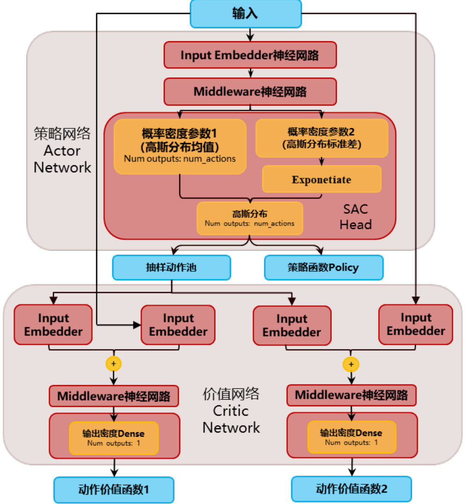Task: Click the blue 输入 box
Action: tap(245, 13)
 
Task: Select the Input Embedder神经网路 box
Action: tap(250, 55)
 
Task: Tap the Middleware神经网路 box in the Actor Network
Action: tap(250, 92)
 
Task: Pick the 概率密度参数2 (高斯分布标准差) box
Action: tap(322, 138)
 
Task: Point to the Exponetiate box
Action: tap(322, 179)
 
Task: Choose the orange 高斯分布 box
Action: tap(250, 218)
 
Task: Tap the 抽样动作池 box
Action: tap(171, 267)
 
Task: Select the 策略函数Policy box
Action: tap(324, 268)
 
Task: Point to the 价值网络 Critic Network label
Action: tap(231, 411)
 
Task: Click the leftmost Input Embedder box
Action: tap(53, 325)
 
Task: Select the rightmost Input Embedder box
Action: tap(415, 324)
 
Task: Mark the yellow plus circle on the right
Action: tap(351, 364)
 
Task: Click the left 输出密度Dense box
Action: tap(113, 438)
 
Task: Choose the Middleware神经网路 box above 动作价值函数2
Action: tap(351, 395)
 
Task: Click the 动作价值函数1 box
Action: tap(114, 490)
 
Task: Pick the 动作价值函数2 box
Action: tap(351, 489)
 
